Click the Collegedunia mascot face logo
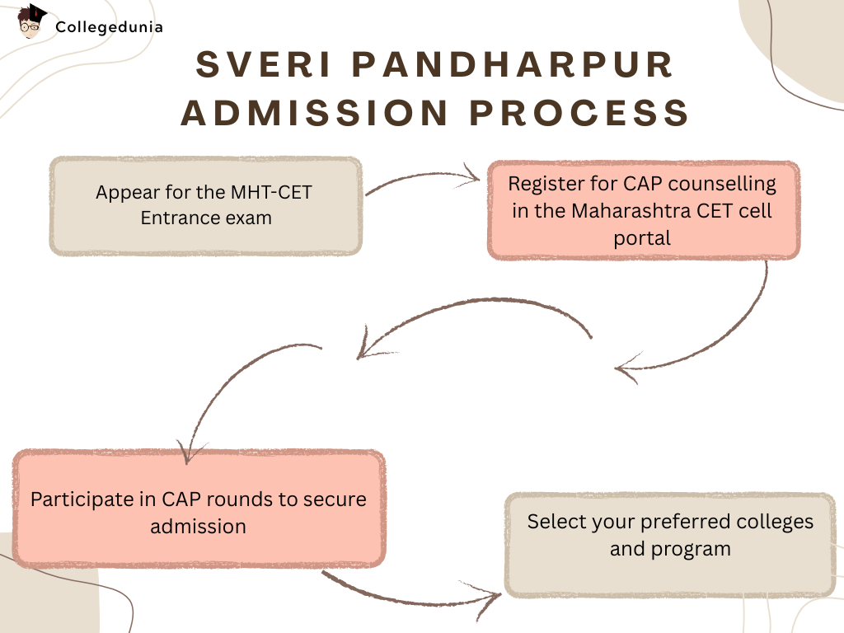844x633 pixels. pyautogui.click(x=31, y=21)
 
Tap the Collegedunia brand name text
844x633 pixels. pyautogui.click(x=109, y=27)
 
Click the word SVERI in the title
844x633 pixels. pyautogui.click(x=263, y=64)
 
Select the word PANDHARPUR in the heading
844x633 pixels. pyautogui.click(x=513, y=64)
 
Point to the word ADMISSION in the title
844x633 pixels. pyautogui.click(x=314, y=113)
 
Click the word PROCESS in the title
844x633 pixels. pyautogui.click(x=579, y=113)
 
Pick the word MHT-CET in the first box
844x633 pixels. pyautogui.click(x=271, y=192)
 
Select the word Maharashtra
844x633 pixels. pyautogui.click(x=631, y=210)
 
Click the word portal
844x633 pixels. pyautogui.click(x=642, y=238)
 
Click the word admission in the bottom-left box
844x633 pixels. pyautogui.click(x=198, y=527)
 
